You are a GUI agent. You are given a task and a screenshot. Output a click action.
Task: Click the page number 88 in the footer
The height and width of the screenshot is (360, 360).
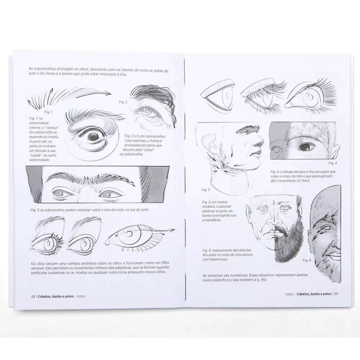coord(33,296)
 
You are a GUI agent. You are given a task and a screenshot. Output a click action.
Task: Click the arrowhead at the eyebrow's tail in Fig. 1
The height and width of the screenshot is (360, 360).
coord(108,93)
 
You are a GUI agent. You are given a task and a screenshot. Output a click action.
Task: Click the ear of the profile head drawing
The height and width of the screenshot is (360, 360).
coord(210,145)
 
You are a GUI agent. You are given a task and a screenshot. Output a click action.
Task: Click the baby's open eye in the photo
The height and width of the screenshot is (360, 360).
coord(307,147)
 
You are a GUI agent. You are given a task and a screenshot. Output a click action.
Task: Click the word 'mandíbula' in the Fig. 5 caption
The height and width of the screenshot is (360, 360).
coord(212,220)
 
